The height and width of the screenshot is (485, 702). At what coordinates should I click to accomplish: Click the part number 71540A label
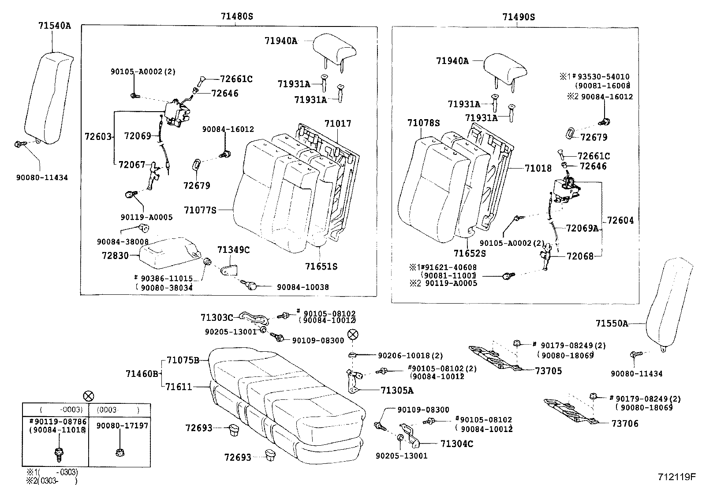(x=54, y=26)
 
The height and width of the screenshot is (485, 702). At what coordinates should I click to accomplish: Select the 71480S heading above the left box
(x=237, y=17)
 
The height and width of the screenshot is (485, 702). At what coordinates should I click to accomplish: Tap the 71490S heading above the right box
(x=518, y=17)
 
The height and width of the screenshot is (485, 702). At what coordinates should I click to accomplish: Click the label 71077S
(x=200, y=211)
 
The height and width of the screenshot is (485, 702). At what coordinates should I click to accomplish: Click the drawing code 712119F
(x=676, y=477)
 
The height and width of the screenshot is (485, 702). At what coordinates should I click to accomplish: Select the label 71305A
(x=397, y=390)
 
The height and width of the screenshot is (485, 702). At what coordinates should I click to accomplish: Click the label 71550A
(x=612, y=323)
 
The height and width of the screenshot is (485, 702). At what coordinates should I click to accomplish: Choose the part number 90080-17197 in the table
(x=122, y=425)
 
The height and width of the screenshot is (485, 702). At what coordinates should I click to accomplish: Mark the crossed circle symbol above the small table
(x=89, y=395)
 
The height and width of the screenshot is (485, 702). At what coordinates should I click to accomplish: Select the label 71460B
(x=142, y=374)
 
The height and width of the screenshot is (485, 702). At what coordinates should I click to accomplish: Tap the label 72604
(x=620, y=220)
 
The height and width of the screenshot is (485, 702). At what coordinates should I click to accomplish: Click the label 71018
(x=538, y=168)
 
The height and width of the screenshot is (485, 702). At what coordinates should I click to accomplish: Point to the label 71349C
(x=233, y=250)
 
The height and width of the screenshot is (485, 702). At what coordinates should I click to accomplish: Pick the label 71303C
(x=217, y=317)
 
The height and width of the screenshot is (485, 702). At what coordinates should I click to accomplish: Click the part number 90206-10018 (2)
(x=410, y=355)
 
